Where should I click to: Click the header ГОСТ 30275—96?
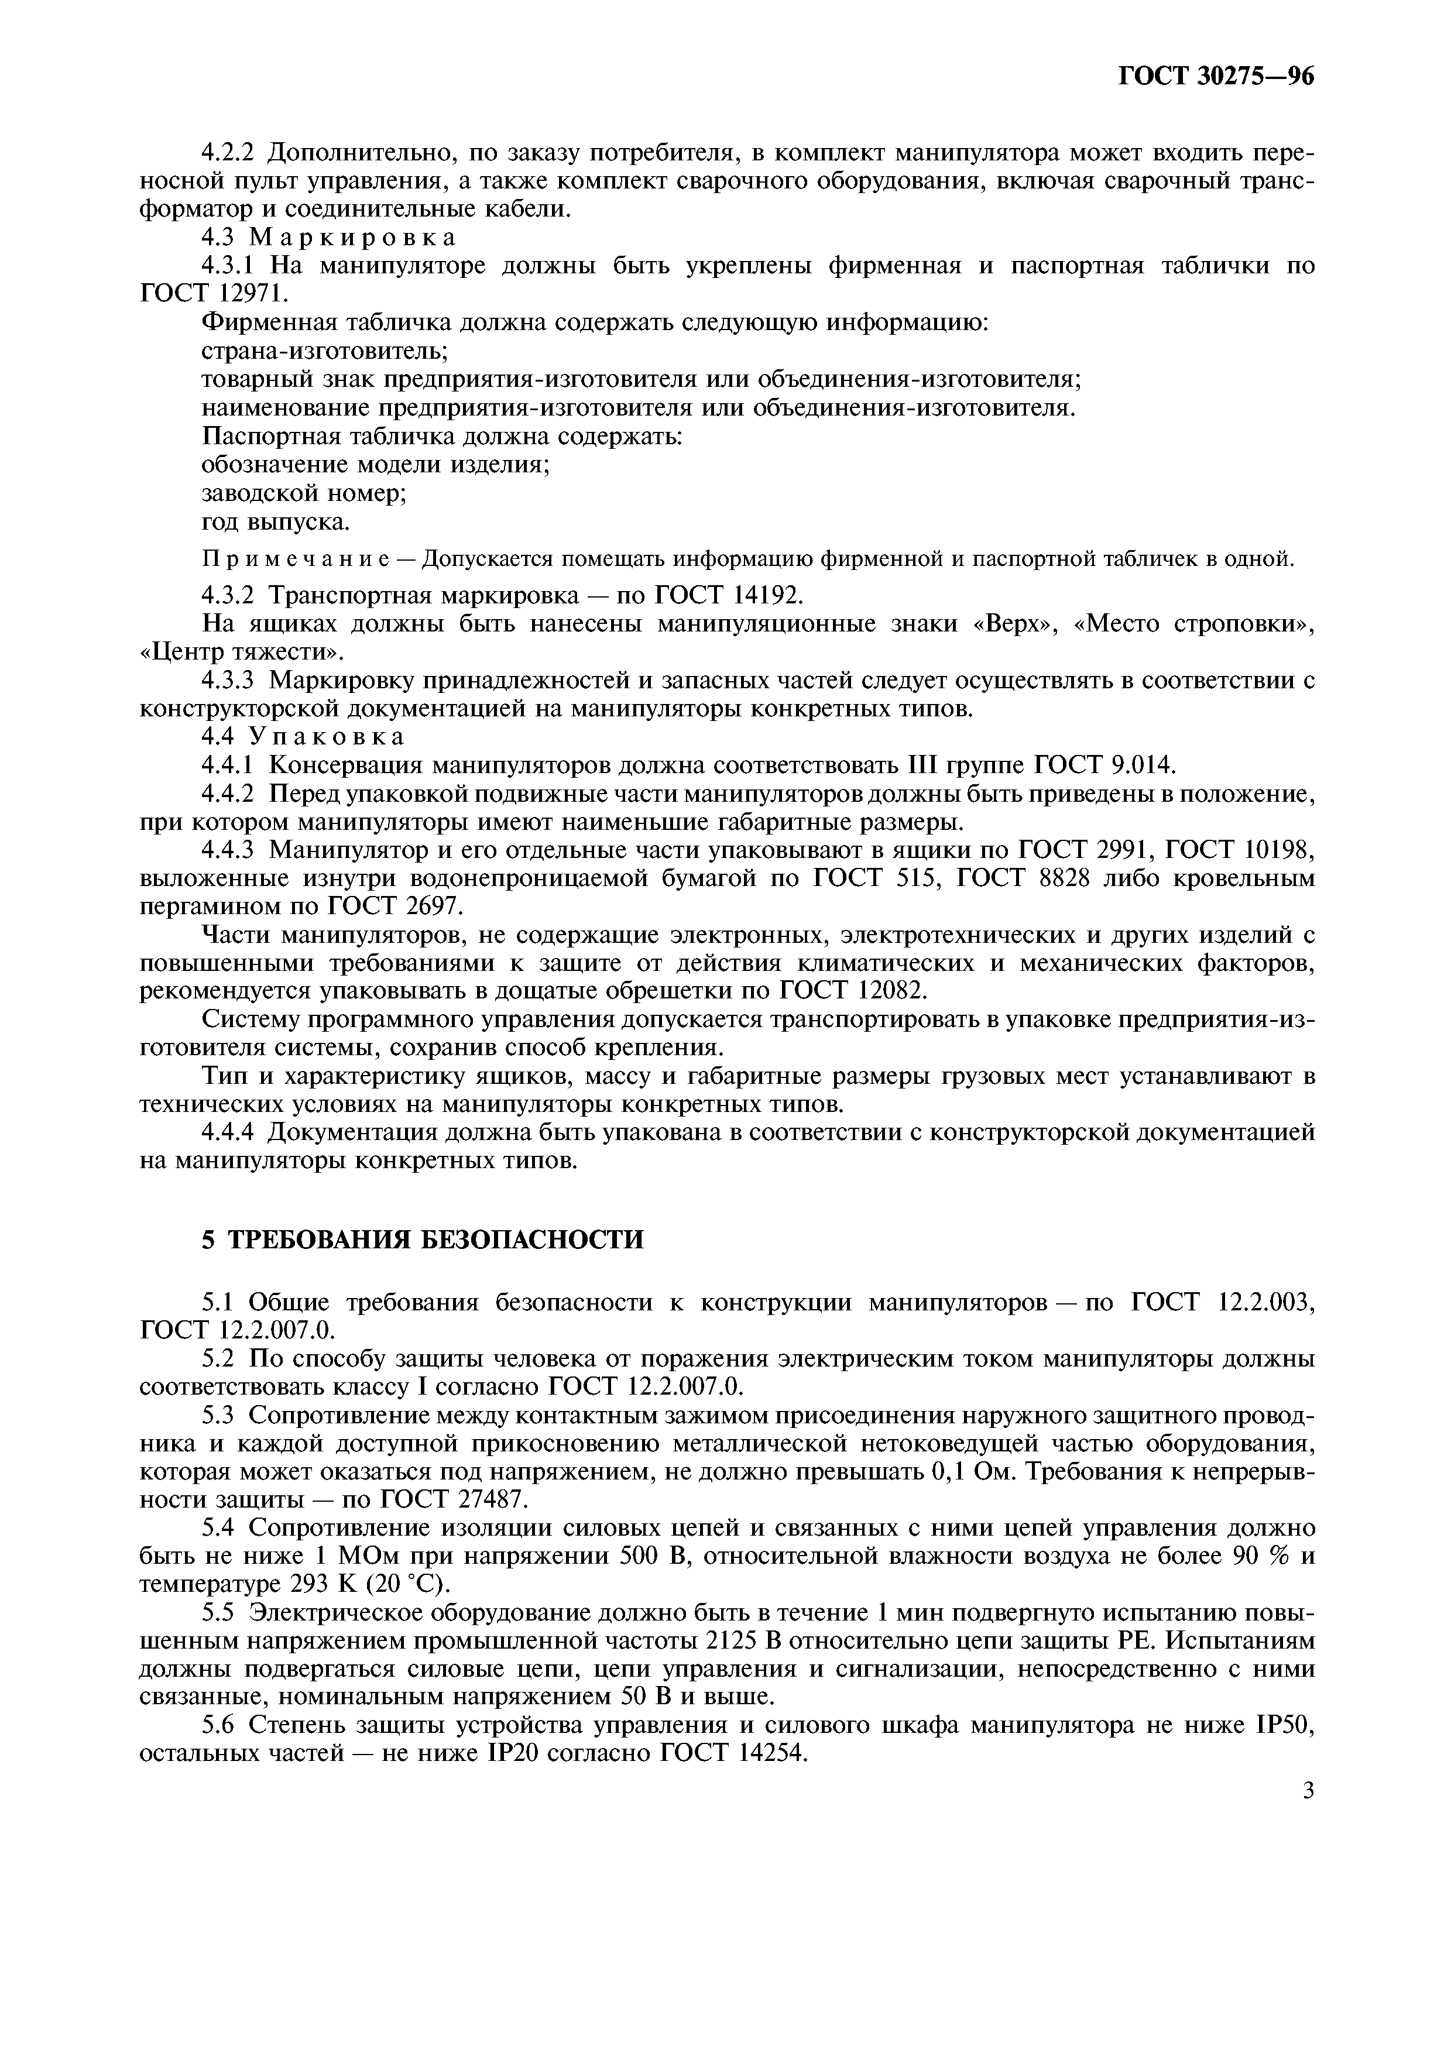(x=1216, y=77)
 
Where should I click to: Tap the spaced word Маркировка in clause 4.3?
(x=352, y=237)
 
